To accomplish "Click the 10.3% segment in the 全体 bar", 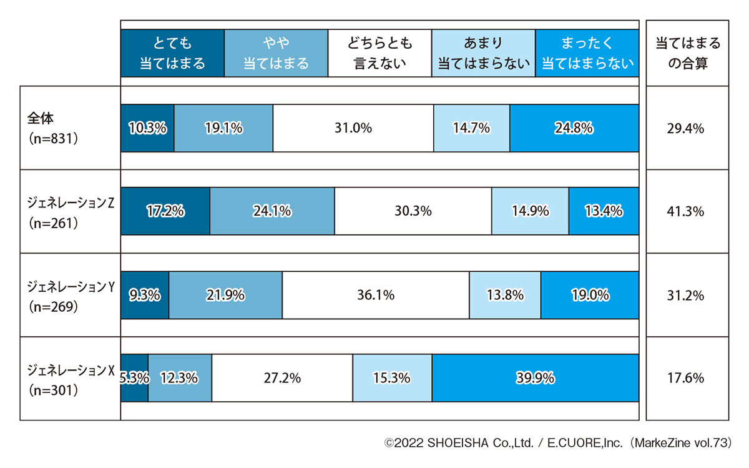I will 147,128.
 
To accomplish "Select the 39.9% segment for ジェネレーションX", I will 535,377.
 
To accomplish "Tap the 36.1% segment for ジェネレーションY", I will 375,295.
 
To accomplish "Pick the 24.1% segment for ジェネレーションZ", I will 272,211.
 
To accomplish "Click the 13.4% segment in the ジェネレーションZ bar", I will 604,211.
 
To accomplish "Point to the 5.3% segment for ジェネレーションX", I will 134,377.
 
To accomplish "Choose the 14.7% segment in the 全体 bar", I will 471,128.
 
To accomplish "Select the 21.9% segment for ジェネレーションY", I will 225,295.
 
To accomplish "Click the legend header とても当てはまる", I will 172,53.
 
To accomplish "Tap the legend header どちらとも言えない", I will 379,53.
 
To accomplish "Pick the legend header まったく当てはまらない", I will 587,53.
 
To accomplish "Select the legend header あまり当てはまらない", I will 483,53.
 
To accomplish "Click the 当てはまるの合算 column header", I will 687,53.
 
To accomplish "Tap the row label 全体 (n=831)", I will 53,128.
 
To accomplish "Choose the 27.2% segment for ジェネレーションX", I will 282,377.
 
